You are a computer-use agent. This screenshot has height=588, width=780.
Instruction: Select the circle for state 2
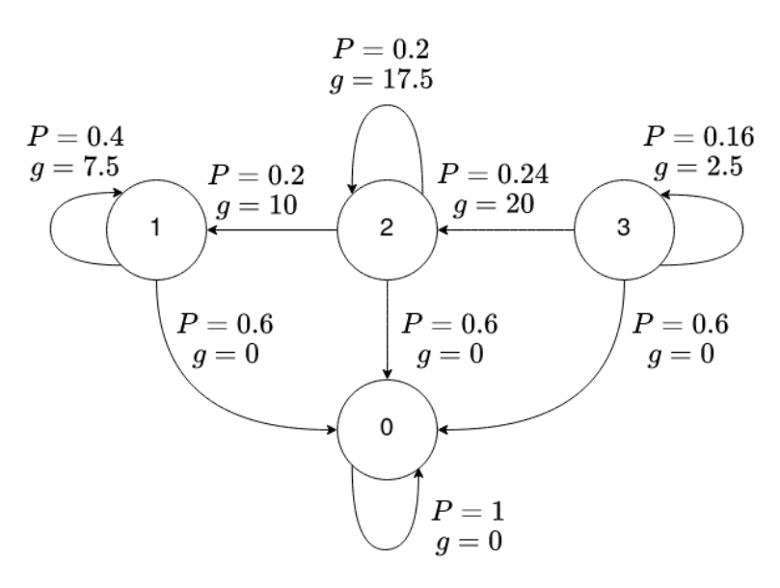pyautogui.click(x=387, y=231)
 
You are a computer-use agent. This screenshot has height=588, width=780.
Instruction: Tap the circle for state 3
pyautogui.click(x=622, y=231)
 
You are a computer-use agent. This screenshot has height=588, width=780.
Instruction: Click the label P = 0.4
pyautogui.click(x=75, y=134)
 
